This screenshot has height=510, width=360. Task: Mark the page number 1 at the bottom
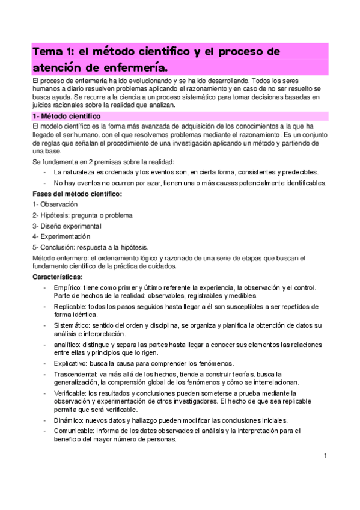[325, 456]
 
